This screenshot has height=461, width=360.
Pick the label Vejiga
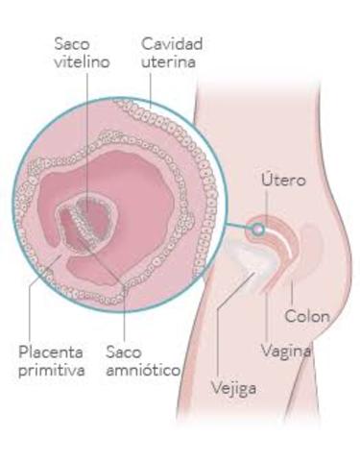click(x=232, y=389)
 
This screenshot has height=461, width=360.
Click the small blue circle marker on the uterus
click(x=256, y=230)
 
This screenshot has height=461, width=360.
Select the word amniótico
click(x=143, y=370)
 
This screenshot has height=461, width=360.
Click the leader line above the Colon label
click(x=289, y=288)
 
